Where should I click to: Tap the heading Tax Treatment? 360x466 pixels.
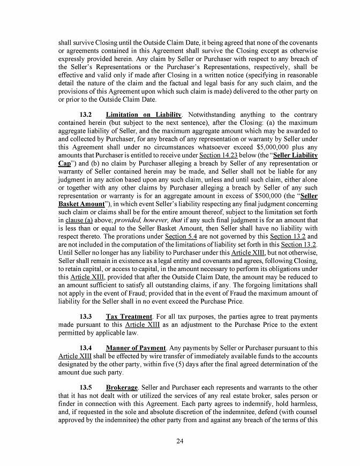point(129,317)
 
